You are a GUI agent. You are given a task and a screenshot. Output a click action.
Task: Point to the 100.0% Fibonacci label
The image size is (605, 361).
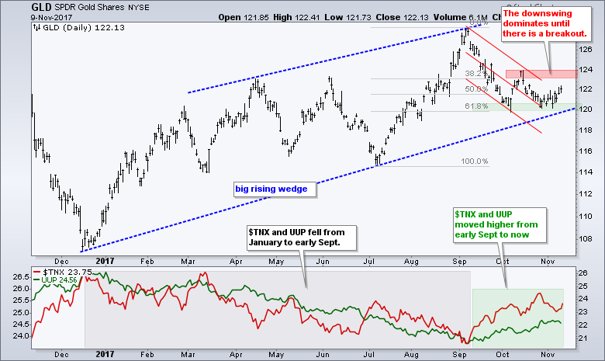click(475, 161)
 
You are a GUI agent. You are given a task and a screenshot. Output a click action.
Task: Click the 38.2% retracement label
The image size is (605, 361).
click(475, 74)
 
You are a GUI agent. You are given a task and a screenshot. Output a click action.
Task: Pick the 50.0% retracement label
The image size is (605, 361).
click(475, 89)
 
